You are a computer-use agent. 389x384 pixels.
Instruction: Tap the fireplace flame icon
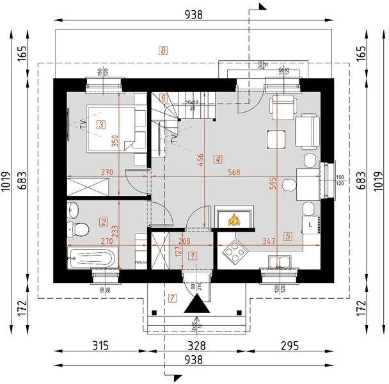coord(234,220)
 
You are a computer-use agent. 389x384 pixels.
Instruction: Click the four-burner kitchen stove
coord(235,252)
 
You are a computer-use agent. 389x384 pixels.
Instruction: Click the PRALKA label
coord(141,262)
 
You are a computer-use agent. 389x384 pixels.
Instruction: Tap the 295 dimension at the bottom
coord(289,346)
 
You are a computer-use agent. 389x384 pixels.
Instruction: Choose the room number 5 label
coord(288,236)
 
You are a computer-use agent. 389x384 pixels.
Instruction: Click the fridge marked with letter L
coord(311,225)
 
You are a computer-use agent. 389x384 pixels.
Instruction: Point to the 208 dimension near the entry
coord(184,242)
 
